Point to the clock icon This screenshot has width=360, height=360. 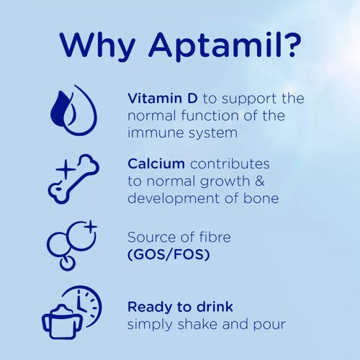[84, 305]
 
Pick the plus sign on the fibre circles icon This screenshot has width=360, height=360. [89, 227]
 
